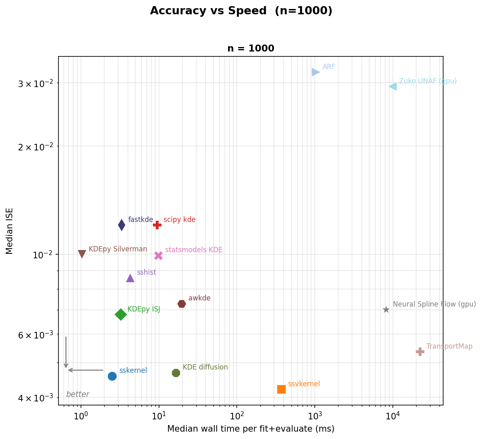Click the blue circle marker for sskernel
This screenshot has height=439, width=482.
tap(112, 376)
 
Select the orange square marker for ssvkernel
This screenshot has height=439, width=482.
tap(281, 389)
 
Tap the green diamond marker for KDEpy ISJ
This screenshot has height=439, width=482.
tap(121, 314)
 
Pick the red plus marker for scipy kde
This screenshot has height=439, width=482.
tap(157, 225)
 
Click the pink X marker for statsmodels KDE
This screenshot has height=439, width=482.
tap(158, 255)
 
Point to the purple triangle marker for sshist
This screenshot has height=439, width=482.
tap(130, 278)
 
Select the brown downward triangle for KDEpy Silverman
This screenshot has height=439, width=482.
tap(82, 254)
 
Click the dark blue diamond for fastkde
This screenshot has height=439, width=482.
tap(121, 225)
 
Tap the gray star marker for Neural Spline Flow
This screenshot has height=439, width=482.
tap(386, 310)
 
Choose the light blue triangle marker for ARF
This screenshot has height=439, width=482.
tap(315, 72)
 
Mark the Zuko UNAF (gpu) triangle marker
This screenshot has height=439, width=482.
tap(393, 86)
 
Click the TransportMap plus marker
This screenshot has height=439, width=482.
tap(420, 352)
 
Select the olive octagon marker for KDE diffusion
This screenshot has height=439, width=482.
tap(176, 373)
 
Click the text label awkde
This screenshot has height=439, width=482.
tap(199, 298)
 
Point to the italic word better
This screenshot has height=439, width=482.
tap(78, 394)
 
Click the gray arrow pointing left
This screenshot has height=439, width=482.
tap(85, 370)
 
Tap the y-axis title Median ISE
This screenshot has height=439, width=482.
tap(10, 231)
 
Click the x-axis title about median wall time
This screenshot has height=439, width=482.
tap(251, 429)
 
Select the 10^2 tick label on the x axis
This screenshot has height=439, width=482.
tap(237, 417)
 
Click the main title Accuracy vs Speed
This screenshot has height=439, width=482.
tap(241, 11)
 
